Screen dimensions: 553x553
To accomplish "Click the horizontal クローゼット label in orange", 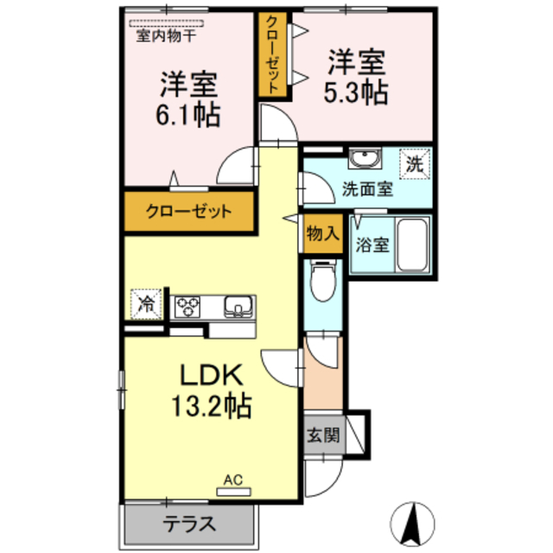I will point(188,211).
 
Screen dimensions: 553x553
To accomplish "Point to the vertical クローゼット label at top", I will point(273,54).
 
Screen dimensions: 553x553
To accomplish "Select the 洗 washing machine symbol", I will point(415,162).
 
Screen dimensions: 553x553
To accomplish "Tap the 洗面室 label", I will point(367,188).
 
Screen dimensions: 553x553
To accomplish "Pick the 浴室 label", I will point(372,245).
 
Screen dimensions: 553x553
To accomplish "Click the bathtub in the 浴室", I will point(415,245).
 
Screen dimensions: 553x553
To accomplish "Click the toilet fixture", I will point(323,282).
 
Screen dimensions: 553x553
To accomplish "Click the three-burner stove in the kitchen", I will point(188,305).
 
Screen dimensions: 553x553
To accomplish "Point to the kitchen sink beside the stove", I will point(237,305).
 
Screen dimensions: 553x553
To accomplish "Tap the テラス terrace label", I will point(189,524).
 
